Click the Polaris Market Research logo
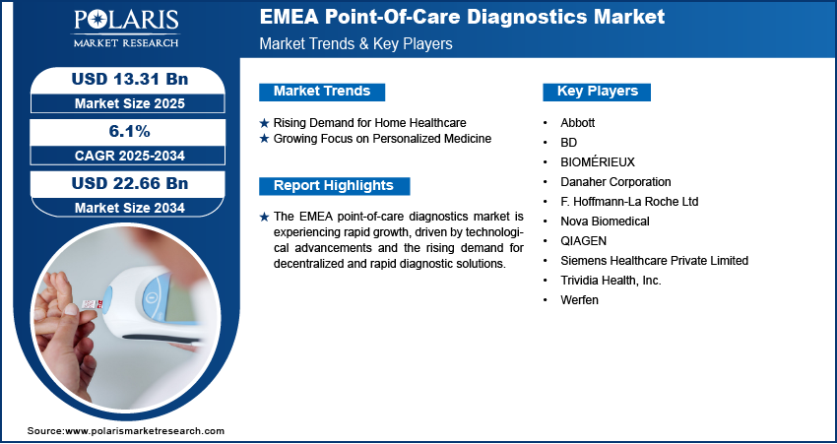[126, 29]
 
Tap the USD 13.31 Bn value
[130, 79]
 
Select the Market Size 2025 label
[130, 103]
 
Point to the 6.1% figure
[130, 131]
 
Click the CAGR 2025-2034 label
[130, 156]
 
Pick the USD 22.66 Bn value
[130, 183]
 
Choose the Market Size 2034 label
[130, 208]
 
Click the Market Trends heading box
[322, 92]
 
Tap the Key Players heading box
[597, 92]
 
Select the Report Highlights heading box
[334, 186]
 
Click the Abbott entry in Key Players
[578, 123]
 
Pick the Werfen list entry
[579, 300]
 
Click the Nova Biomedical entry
[605, 221]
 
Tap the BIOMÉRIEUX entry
[598, 161]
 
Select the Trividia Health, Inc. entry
[611, 281]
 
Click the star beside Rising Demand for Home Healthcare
[264, 123]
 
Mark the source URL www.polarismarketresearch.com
[145, 431]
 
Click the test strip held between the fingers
[90, 304]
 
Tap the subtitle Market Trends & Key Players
[356, 43]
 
